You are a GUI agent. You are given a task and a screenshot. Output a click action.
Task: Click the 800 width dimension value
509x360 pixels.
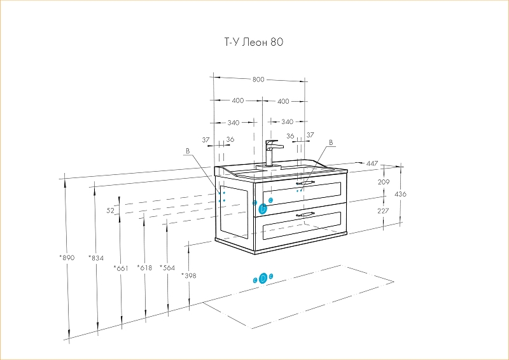coord(258,80)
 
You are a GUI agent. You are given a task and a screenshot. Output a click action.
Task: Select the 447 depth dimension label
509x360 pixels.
coord(372,163)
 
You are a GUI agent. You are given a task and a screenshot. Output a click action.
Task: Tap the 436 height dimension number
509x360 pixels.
coord(400,194)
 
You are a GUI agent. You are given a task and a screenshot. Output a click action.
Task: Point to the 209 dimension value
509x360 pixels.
coord(383,183)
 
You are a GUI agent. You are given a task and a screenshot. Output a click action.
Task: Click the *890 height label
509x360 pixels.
coord(67,258)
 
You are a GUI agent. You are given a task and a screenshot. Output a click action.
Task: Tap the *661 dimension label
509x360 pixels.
coord(121,268)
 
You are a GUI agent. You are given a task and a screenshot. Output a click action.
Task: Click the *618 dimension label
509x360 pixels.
coord(144,268)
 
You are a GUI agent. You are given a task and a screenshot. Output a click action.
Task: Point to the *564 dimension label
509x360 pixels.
coord(167,268)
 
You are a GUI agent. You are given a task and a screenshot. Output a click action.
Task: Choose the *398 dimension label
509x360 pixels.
coord(189,275)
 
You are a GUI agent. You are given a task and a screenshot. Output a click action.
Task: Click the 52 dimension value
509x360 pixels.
coord(110,210)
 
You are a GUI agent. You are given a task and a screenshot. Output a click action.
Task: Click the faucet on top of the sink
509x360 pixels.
coord(271,153)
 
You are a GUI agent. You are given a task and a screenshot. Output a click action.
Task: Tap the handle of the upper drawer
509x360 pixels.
coord(305,183)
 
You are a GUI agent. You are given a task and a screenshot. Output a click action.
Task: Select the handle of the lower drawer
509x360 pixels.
coord(305,214)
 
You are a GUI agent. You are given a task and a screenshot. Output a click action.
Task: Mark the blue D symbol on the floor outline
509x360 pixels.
coord(263,279)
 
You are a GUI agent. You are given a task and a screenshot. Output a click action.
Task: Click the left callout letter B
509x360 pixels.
coord(187,151)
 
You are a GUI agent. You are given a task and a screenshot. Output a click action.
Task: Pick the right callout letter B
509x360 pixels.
coord(331,142)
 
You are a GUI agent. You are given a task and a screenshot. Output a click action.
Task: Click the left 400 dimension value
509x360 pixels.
coord(237,101)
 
